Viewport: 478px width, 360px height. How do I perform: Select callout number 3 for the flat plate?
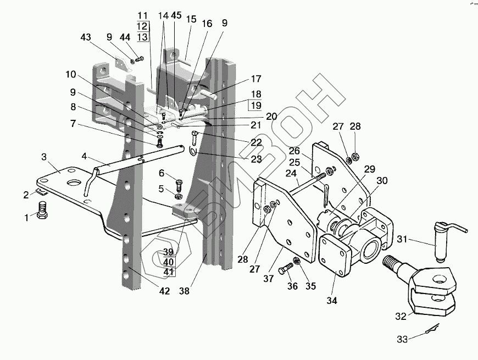tap(45, 158)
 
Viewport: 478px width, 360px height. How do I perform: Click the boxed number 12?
tap(142, 26)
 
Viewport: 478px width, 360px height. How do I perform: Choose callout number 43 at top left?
tap(85, 37)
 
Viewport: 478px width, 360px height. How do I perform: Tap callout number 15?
tap(191, 20)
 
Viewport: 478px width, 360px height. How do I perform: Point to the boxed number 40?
tap(168, 262)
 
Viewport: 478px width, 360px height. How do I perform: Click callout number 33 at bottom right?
tap(403, 340)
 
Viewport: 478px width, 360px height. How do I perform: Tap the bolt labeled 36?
tap(285, 270)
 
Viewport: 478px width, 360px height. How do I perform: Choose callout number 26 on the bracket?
tap(294, 151)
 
